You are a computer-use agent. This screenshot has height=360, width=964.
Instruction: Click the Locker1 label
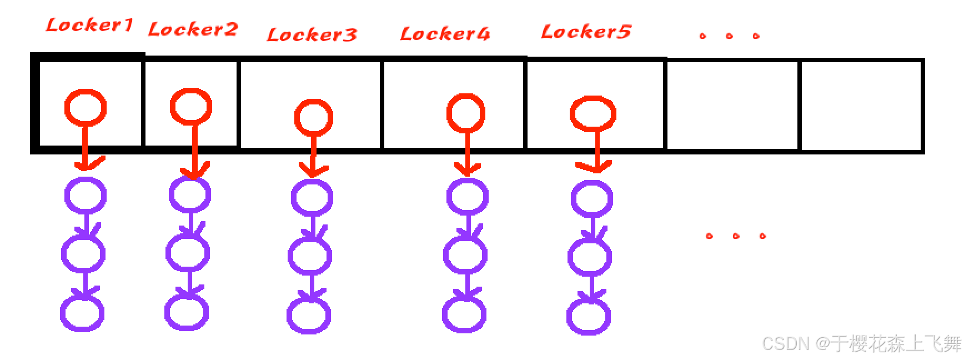click(89, 25)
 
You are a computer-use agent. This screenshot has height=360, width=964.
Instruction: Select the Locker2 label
click(193, 29)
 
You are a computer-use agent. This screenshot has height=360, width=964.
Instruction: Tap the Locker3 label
click(312, 35)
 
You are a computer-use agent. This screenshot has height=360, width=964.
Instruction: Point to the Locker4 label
click(445, 34)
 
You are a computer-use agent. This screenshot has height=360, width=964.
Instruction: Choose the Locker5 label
click(586, 32)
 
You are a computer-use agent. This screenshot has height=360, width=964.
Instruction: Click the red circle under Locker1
click(85, 107)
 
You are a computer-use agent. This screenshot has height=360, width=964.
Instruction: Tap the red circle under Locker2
click(191, 106)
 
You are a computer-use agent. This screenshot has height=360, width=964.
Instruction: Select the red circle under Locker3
click(314, 117)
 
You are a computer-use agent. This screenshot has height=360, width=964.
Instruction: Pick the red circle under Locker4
click(466, 113)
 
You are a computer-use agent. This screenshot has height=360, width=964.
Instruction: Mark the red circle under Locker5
click(593, 114)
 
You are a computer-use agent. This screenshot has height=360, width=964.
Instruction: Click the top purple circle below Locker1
click(85, 195)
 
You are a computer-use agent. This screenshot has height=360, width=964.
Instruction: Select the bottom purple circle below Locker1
click(82, 313)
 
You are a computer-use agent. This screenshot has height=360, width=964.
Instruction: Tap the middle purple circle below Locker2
click(188, 253)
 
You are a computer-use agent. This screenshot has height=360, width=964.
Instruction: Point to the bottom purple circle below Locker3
click(309, 315)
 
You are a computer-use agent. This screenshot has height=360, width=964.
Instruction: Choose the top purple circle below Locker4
click(467, 197)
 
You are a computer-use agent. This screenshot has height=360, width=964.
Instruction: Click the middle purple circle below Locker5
click(589, 257)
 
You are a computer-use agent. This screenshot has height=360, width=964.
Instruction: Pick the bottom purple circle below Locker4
click(464, 314)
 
